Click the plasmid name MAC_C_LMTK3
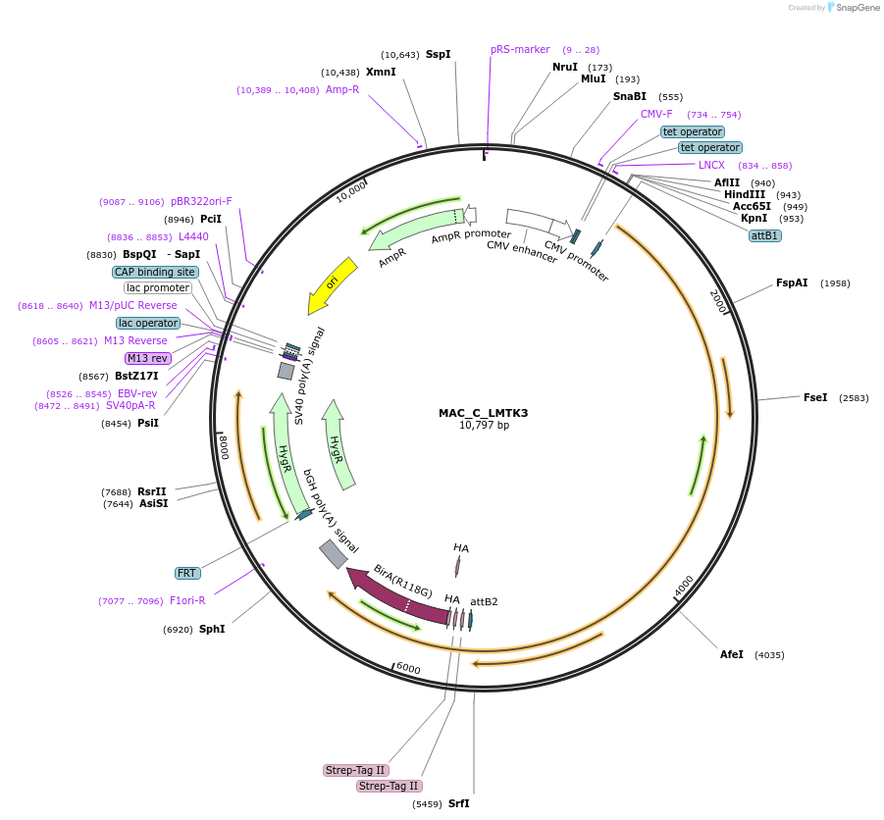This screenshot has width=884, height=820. point(483,413)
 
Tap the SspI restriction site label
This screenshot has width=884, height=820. point(438,54)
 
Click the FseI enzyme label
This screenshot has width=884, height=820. point(815,397)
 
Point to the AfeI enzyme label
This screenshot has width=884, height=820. point(732,654)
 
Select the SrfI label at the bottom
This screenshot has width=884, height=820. point(459,803)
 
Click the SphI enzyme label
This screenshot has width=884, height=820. point(212,629)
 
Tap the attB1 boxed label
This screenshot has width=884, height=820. point(764,235)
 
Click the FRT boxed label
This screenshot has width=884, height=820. point(186,573)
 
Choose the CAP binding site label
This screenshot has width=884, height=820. point(155,272)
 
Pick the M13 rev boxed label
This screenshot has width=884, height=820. point(148,358)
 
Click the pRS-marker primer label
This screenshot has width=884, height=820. point(520,49)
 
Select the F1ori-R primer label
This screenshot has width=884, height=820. point(187,600)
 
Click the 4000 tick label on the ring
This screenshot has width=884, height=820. point(684,586)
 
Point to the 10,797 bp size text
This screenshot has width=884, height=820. point(484,426)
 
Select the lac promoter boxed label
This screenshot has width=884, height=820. point(157,287)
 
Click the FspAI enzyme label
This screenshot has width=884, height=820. point(792,283)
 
